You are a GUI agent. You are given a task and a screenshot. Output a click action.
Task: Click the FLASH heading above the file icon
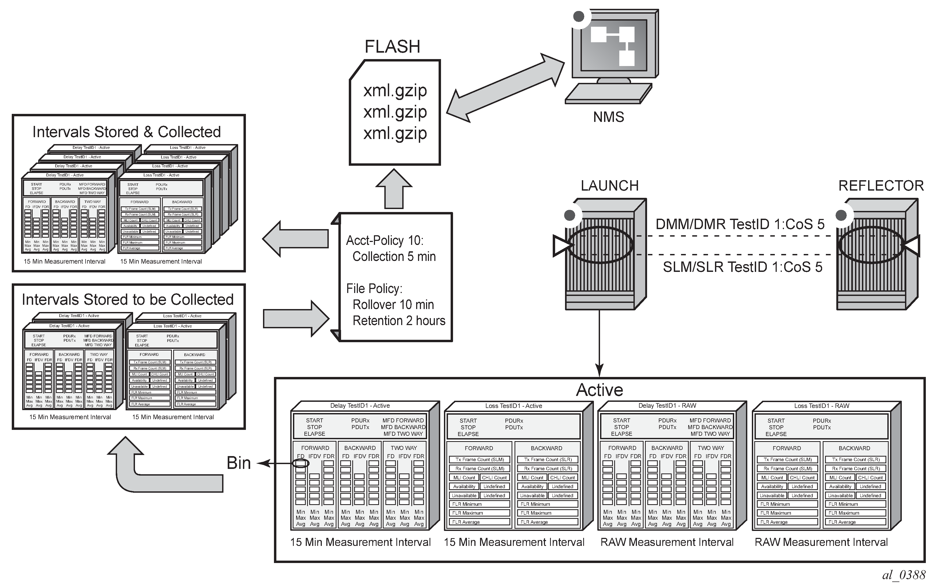pos(392,47)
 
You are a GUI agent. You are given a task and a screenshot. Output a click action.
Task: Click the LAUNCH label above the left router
pos(609,186)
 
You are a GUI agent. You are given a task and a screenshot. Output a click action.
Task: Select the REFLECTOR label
pos(881,186)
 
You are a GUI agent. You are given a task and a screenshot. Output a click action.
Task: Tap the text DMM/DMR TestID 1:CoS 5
pos(740,224)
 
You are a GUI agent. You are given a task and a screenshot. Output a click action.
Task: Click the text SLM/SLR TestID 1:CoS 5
pos(742,267)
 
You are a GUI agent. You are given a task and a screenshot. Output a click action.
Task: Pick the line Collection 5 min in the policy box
pos(394,257)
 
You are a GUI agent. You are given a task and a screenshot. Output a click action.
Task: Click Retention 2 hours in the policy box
pos(399,321)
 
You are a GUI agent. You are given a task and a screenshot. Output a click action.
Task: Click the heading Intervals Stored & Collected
pos(126,132)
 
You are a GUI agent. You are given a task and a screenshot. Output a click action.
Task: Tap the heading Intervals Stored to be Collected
pos(127,300)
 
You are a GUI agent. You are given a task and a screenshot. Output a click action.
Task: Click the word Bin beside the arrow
pos(239,463)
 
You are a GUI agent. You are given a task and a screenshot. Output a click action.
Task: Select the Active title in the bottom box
pos(599,390)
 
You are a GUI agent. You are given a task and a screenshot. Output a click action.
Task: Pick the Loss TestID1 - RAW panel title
pos(821,406)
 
